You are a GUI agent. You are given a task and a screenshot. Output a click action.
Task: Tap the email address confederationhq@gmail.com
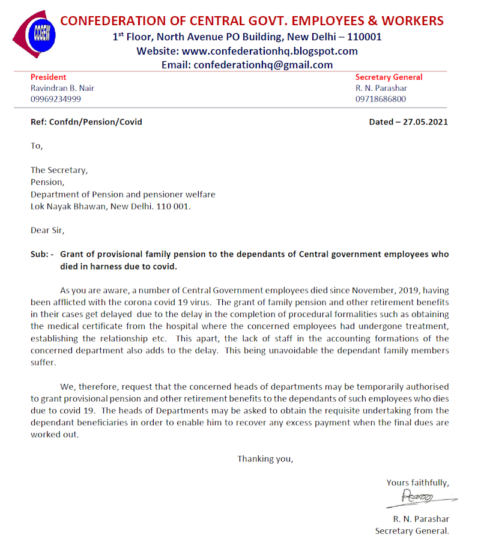point(263,65)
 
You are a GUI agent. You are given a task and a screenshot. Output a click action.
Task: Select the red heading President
point(48,77)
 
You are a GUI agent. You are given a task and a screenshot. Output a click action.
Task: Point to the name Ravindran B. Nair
point(62,88)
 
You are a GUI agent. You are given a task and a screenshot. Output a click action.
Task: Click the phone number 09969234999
point(56,99)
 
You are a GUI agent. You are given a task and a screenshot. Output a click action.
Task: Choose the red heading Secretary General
point(389,77)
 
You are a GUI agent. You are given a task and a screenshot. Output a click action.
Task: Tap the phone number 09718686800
point(380,99)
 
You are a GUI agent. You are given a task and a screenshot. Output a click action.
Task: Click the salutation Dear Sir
point(47,230)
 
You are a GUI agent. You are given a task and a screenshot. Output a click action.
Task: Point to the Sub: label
point(41,254)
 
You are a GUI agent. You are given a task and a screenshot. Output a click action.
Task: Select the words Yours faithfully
point(417,482)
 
